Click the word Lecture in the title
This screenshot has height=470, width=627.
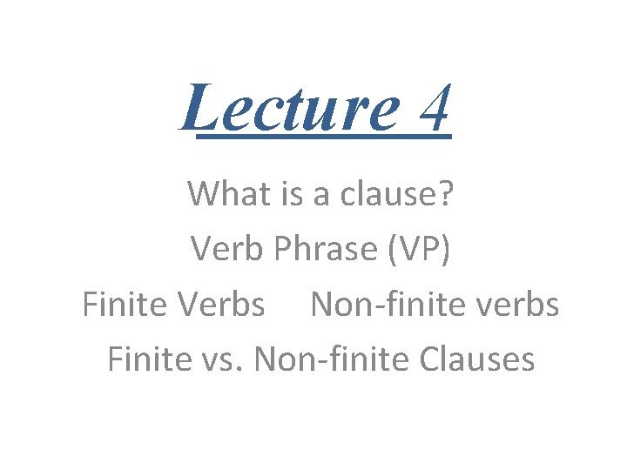pyautogui.click(x=287, y=107)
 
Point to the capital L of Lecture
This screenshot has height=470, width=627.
pyautogui.click(x=201, y=105)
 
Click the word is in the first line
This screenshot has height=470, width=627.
pyautogui.click(x=286, y=193)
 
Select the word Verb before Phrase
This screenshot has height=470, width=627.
pyautogui.click(x=228, y=249)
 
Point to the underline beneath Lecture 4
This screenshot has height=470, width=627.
pyautogui.click(x=322, y=137)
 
